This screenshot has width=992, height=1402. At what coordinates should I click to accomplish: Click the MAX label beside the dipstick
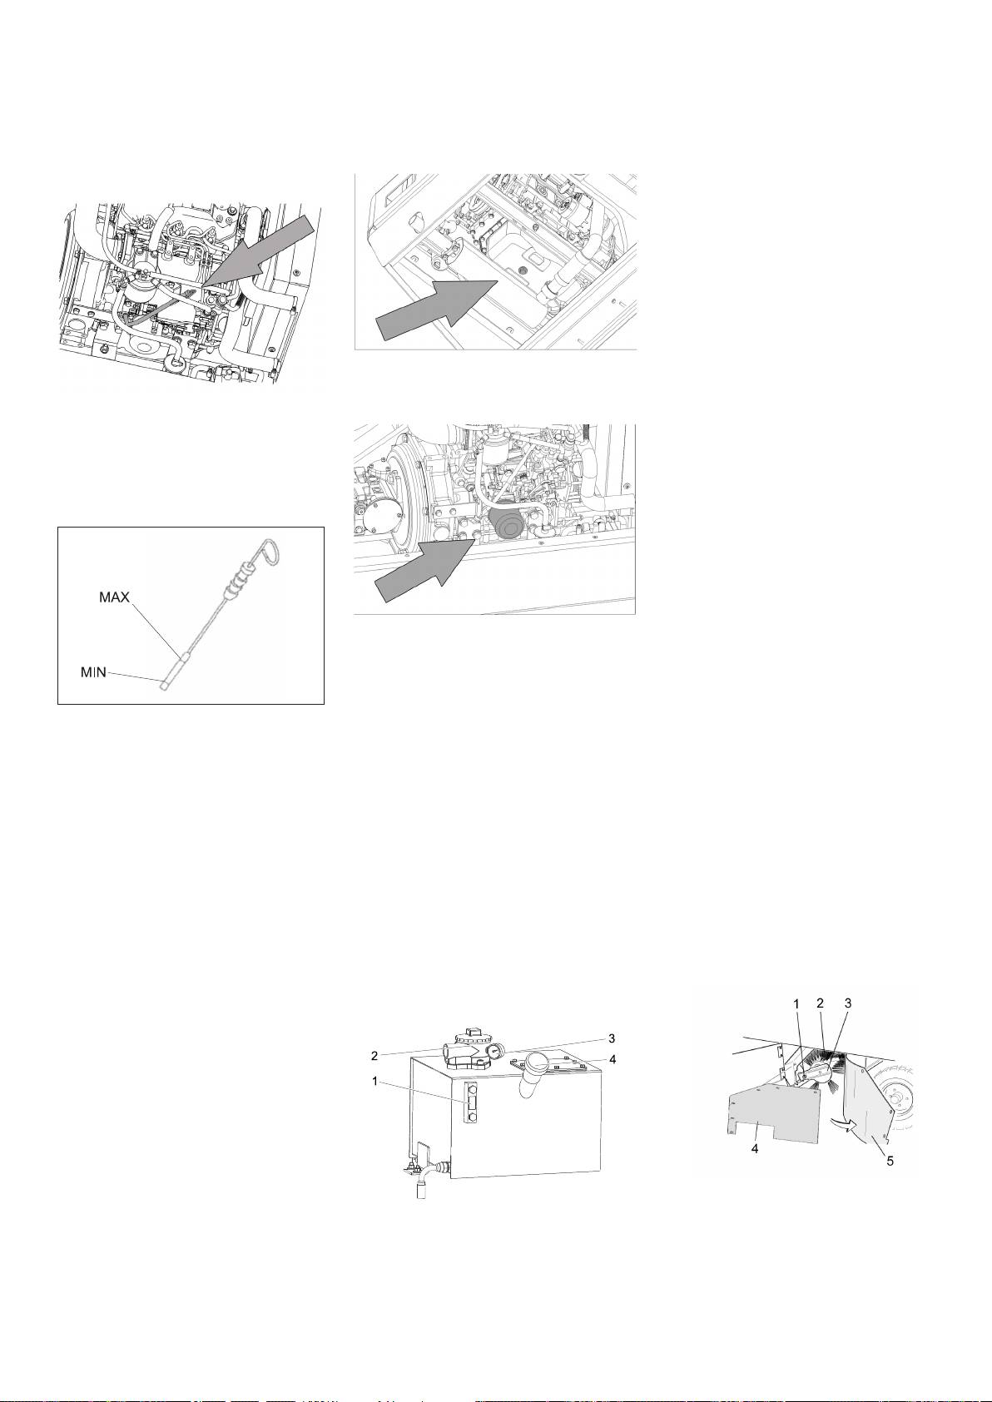pos(113,598)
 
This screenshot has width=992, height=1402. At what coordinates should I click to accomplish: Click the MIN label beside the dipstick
pos(93,672)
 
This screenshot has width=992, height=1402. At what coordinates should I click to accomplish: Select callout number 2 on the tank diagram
pos(374,1054)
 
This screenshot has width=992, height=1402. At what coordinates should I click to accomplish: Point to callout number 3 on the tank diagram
pos(611,1038)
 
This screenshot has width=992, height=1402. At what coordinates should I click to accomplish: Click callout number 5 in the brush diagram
pos(890,1161)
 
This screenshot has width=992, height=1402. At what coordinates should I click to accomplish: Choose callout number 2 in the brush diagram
pos(820,1004)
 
